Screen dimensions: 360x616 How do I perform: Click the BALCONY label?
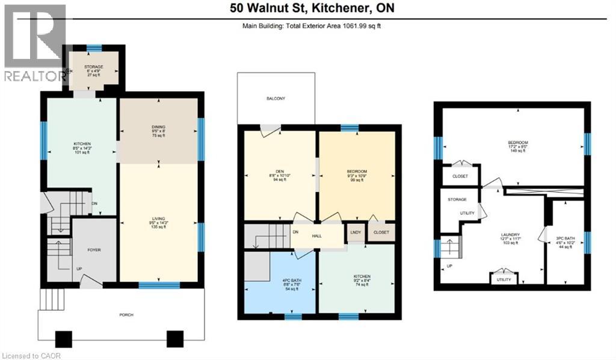(276, 98)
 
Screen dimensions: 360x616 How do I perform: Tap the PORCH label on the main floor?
(126, 315)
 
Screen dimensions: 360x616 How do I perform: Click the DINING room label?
(158, 127)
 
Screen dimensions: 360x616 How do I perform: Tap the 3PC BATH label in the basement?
(565, 238)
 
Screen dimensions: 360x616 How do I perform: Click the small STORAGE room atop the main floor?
(94, 67)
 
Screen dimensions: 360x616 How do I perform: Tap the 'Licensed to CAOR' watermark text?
(27, 355)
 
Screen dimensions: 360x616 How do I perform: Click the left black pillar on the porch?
(63, 340)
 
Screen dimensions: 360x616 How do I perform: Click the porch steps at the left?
(52, 297)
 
